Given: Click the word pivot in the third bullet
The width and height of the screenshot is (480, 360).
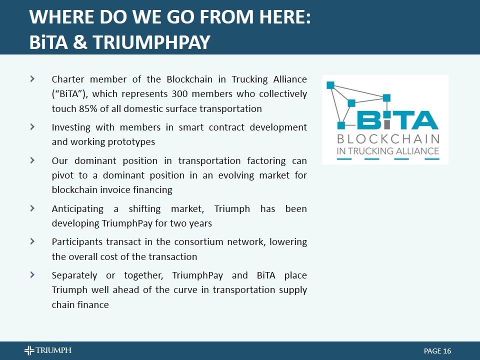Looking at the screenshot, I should (x=62, y=175).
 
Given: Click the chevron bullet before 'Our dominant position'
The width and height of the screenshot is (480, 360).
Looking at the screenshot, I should (x=32, y=160).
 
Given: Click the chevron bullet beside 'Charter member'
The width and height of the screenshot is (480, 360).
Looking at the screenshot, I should (x=32, y=79).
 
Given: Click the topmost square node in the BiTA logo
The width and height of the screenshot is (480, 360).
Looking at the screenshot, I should (x=330, y=85).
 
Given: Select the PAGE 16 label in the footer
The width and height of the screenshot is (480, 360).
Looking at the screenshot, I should (x=437, y=351).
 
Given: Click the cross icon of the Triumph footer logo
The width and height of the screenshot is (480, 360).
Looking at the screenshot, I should (x=29, y=350).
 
